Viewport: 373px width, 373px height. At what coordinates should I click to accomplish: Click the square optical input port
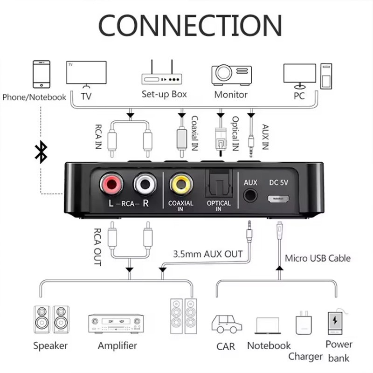[x=218, y=183]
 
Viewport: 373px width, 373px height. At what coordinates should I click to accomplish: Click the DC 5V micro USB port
[x=278, y=199]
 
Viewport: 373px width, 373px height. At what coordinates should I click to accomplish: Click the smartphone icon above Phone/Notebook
[x=41, y=74]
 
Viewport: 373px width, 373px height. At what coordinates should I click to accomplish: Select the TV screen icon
[x=86, y=74]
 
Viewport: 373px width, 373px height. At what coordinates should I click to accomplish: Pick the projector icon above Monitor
[x=231, y=75]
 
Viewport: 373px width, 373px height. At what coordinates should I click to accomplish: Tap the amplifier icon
[x=116, y=324]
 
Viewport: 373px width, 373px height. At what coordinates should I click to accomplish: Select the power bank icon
[x=334, y=323]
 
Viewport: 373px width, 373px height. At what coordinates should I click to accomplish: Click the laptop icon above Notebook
[x=268, y=325]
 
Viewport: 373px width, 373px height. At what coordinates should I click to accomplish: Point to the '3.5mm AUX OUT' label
[x=207, y=254]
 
